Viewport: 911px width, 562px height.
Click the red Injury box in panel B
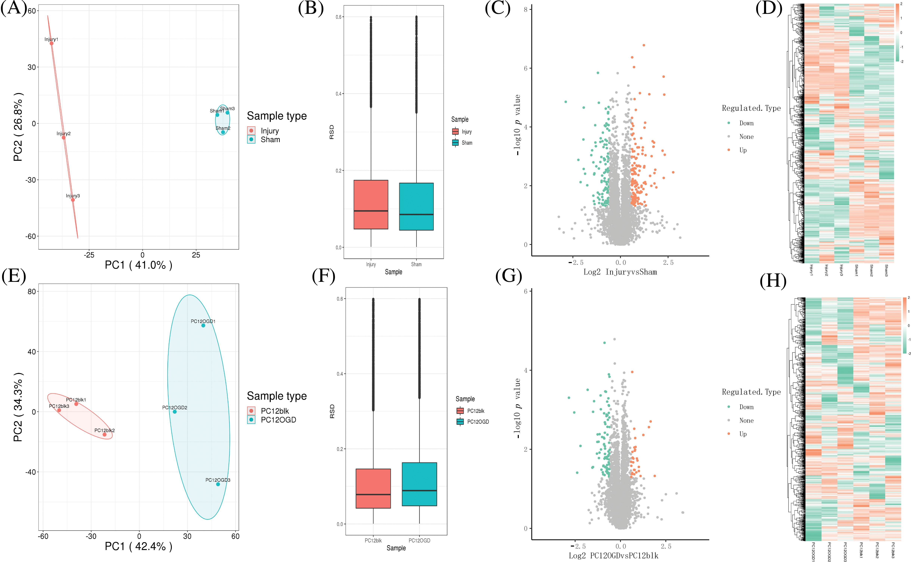pyautogui.click(x=371, y=204)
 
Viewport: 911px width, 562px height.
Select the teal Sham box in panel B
pyautogui.click(x=416, y=207)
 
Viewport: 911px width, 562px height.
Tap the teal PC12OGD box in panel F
pyautogui.click(x=419, y=484)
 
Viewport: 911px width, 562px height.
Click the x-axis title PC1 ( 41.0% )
pyautogui.click(x=139, y=265)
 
